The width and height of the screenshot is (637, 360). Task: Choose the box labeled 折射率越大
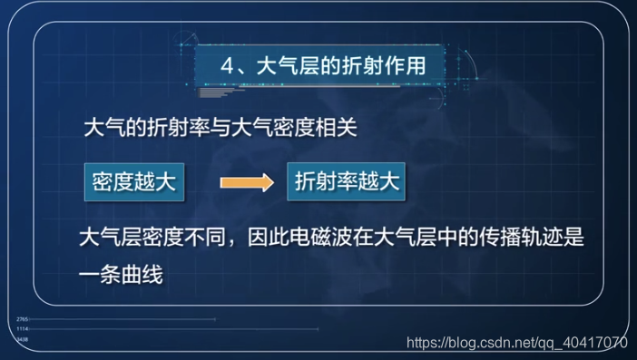347,181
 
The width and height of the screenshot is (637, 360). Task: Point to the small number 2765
23,320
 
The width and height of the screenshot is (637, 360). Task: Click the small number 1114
23,329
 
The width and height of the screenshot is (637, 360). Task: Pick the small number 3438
23,338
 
